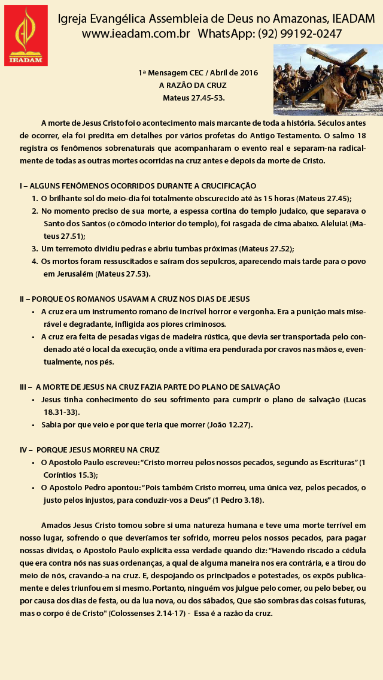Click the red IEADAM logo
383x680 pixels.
pyautogui.click(x=26, y=35)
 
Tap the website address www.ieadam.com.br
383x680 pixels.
pyautogui.click(x=135, y=34)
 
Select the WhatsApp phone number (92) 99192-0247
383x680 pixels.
pyautogui.click(x=300, y=34)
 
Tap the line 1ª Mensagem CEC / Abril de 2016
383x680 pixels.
pyautogui.click(x=198, y=73)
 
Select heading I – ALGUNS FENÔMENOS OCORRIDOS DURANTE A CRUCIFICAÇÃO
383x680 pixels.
pyautogui.click(x=138, y=186)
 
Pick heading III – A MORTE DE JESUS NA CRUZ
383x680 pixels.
pyautogui.click(x=150, y=387)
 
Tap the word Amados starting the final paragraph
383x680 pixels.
pyautogui.click(x=55, y=525)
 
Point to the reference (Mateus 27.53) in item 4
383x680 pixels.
pyautogui.click(x=123, y=274)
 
